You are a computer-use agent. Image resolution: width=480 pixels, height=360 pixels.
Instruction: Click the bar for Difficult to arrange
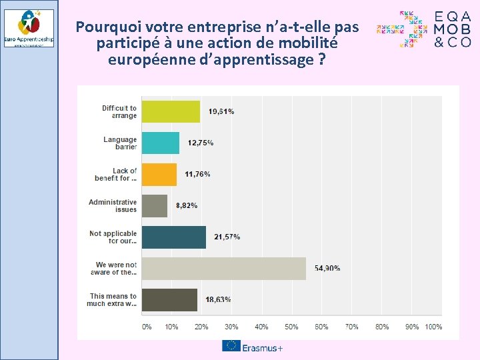click(171, 111)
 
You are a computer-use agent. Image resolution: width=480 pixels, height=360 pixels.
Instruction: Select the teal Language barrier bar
click(160, 143)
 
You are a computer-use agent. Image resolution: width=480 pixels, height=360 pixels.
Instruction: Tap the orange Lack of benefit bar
click(159, 174)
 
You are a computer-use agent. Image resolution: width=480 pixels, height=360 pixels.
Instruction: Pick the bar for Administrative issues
click(154, 205)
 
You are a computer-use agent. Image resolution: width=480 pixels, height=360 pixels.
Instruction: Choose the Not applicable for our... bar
click(173, 237)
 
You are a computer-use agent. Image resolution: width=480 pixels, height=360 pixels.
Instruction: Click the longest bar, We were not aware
click(223, 268)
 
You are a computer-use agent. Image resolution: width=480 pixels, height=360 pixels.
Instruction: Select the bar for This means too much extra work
click(169, 299)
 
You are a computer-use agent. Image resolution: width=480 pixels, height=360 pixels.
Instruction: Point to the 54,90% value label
click(327, 268)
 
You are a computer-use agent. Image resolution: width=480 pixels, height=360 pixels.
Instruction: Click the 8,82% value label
click(187, 206)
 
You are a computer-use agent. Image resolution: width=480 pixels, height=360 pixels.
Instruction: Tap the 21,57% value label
click(227, 237)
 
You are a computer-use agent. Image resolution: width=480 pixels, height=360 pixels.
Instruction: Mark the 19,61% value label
click(221, 112)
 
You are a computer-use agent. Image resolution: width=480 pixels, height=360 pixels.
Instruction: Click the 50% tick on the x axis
click(292, 327)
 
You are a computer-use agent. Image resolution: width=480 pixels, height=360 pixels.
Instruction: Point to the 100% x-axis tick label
click(433, 327)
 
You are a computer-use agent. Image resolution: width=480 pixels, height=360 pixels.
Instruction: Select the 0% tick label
click(147, 327)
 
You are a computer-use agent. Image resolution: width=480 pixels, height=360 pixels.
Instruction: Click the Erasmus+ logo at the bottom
click(253, 347)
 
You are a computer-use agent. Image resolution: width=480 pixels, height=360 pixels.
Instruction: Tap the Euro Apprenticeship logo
click(29, 28)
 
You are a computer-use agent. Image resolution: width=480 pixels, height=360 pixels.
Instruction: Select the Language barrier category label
click(120, 143)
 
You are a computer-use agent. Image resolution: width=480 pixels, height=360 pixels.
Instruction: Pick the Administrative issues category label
click(113, 205)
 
